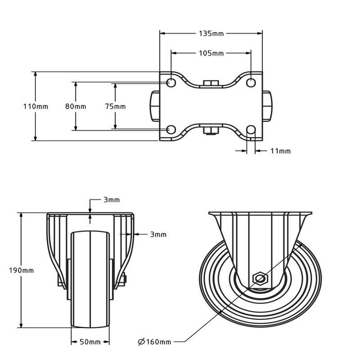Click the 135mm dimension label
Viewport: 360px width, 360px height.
click(x=211, y=33)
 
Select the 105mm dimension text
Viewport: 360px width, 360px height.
click(x=211, y=53)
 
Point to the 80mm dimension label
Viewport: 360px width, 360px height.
click(x=76, y=106)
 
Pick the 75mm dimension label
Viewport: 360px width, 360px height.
click(x=115, y=106)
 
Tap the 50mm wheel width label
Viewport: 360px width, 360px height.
click(x=89, y=342)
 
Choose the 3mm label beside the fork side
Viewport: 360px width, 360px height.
click(x=158, y=235)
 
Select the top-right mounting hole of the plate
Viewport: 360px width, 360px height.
click(x=251, y=83)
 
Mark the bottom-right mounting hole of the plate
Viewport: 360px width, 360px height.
click(x=251, y=130)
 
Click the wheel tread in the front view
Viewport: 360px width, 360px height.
click(x=90, y=309)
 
